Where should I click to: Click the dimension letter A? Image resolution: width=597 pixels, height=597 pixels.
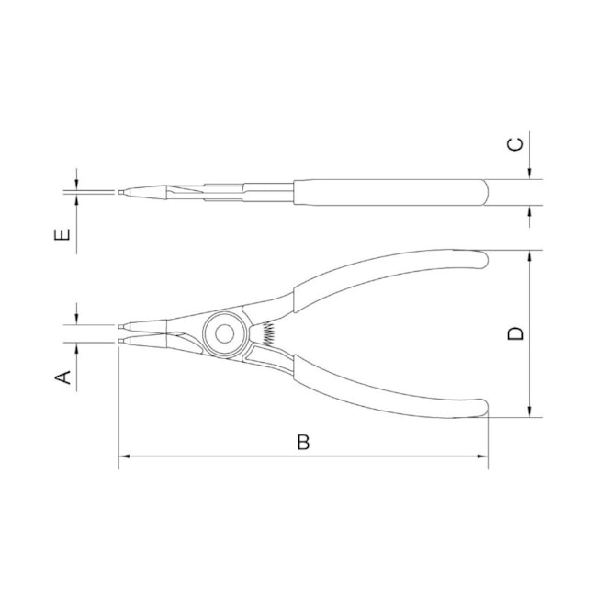pos(63,377)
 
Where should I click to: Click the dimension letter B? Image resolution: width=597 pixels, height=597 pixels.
pos(304,442)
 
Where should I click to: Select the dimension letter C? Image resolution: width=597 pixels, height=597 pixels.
pos(517,143)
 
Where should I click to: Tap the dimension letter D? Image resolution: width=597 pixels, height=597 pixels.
pos(517,332)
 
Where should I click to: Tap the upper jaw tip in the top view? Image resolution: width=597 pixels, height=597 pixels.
pos(123,324)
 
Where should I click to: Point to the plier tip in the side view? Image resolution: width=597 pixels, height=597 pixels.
pos(121,192)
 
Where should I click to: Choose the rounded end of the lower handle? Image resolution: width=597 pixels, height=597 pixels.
pos(479,408)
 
